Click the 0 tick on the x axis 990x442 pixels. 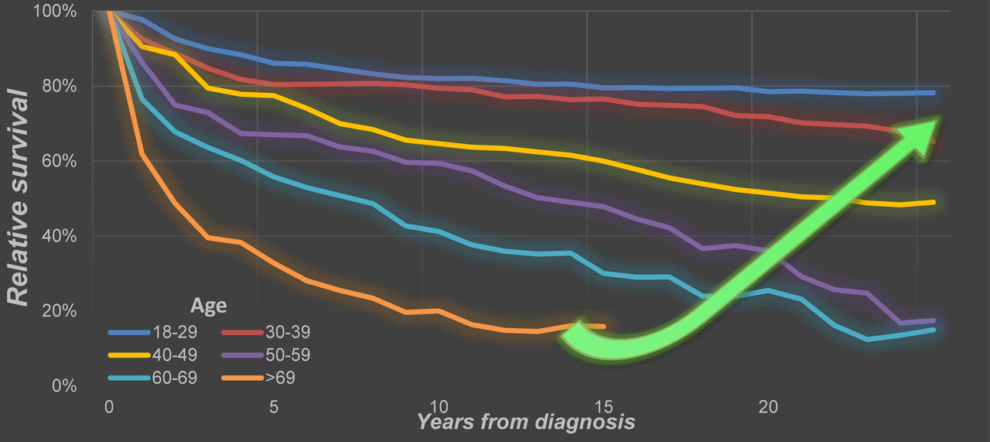coord(108,406)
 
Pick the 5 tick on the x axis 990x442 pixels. coord(273,406)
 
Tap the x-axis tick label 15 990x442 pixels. coord(603,406)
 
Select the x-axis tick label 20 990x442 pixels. coord(767,406)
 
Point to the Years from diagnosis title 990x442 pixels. coord(526,422)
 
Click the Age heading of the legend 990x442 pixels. coord(209,306)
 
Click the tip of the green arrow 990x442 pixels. coord(938,120)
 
